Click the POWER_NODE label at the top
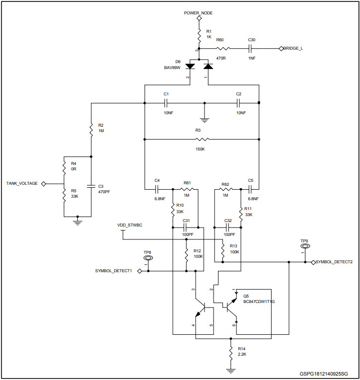[199, 13]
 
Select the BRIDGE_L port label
[293, 48]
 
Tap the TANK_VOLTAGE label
[22, 183]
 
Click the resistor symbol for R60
[223, 49]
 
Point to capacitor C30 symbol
[251, 49]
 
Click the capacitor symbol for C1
[167, 103]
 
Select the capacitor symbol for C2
[239, 103]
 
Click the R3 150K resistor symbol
[203, 140]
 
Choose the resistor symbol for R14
[231, 354]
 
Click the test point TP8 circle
[147, 258]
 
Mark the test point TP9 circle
[304, 246]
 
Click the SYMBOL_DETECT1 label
[113, 271]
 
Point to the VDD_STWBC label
[130, 225]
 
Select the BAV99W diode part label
[172, 67]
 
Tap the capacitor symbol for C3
[91, 186]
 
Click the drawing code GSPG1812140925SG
[323, 373]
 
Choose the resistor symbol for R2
[91, 130]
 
